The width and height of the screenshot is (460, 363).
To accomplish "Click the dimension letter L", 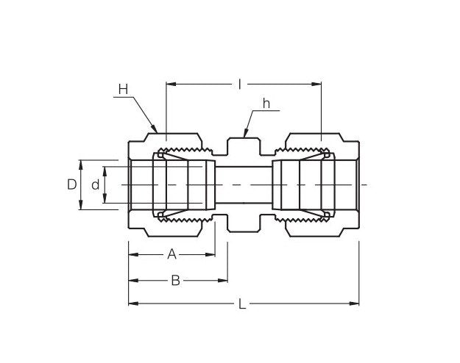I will pyautogui.click(x=242, y=304).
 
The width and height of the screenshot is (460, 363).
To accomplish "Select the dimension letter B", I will pyautogui.click(x=175, y=280).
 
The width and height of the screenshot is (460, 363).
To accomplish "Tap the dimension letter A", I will pyautogui.click(x=171, y=254).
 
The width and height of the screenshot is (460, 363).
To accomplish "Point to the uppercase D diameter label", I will pyautogui.click(x=71, y=184).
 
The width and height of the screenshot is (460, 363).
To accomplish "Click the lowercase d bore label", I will pyautogui.click(x=95, y=185).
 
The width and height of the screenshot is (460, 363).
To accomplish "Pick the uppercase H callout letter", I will pyautogui.click(x=123, y=90).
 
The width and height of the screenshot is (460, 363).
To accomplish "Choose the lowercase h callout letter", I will pyautogui.click(x=266, y=104).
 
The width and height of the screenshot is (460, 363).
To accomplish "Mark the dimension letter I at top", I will pyautogui.click(x=240, y=85).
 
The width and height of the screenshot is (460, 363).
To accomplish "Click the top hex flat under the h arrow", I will pyautogui.click(x=244, y=137).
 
